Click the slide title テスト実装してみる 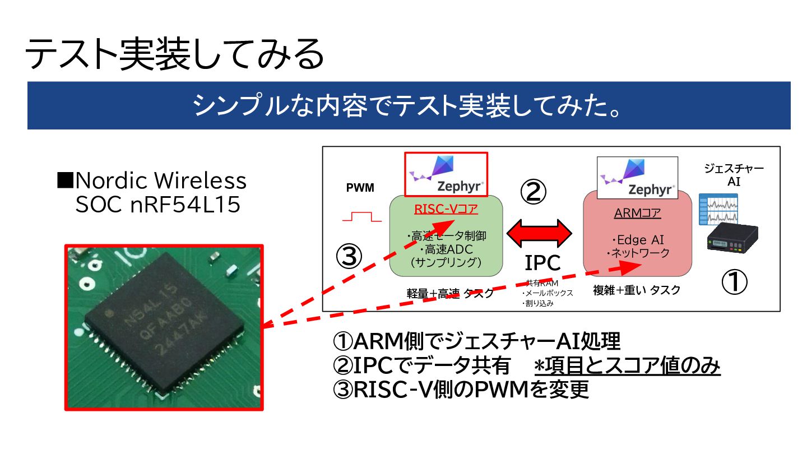[x=174, y=54]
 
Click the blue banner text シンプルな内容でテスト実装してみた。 [x=408, y=105]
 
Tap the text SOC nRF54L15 [x=158, y=205]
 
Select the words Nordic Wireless [x=160, y=180]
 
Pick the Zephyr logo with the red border [x=446, y=174]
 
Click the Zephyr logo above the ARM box [x=637, y=178]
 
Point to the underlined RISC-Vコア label [x=446, y=210]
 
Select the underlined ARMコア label [x=637, y=213]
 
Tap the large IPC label [x=542, y=262]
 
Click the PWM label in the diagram [x=360, y=188]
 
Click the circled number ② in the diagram [x=534, y=192]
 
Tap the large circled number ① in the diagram [x=734, y=283]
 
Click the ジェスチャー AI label [x=734, y=175]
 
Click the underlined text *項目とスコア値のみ [x=627, y=366]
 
